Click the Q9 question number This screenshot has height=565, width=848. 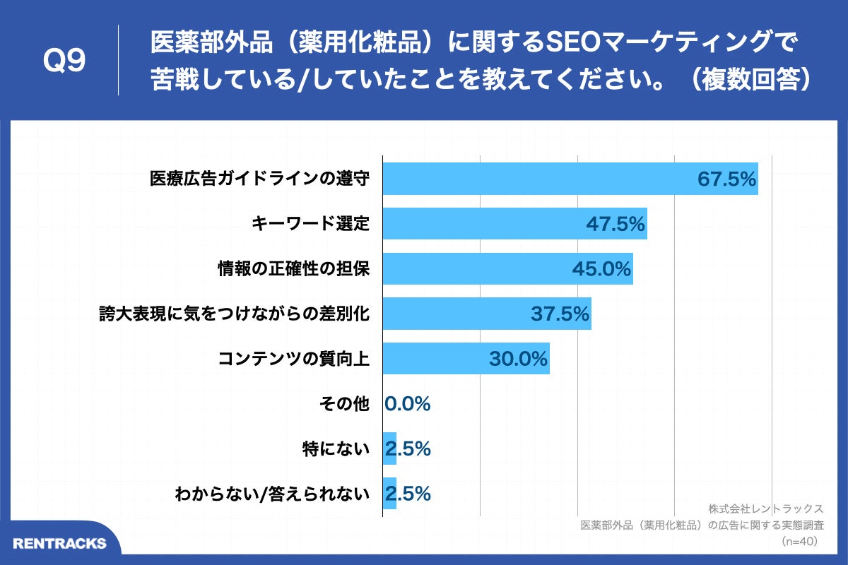64,61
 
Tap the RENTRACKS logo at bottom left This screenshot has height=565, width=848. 59,543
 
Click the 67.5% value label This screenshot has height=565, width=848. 727,179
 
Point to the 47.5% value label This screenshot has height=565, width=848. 616,225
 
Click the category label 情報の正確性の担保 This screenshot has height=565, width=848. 293,269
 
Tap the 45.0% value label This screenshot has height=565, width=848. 601,269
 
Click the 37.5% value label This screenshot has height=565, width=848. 560,314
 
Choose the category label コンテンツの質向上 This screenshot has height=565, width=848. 293,359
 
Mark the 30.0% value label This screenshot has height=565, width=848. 518,359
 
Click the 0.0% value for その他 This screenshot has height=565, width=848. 408,404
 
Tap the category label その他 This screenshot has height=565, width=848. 344,404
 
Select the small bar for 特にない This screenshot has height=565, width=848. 389,448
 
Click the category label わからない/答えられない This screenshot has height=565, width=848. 272,494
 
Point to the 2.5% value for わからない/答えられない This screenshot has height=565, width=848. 408,494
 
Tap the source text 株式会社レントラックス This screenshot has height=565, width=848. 765,509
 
